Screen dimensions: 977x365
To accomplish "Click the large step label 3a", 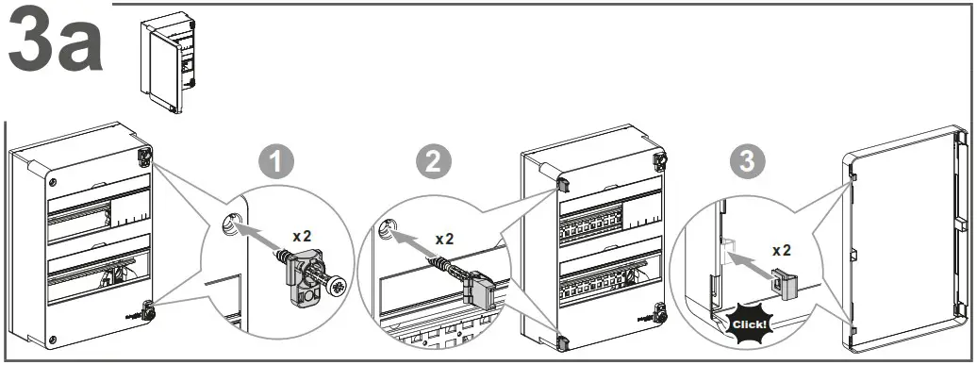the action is pos(55,45).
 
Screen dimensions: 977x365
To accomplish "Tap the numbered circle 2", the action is pos(431,163).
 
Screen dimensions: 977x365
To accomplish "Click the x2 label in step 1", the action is pos(302,235).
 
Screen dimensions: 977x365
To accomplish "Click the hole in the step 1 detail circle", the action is pos(230,223).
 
